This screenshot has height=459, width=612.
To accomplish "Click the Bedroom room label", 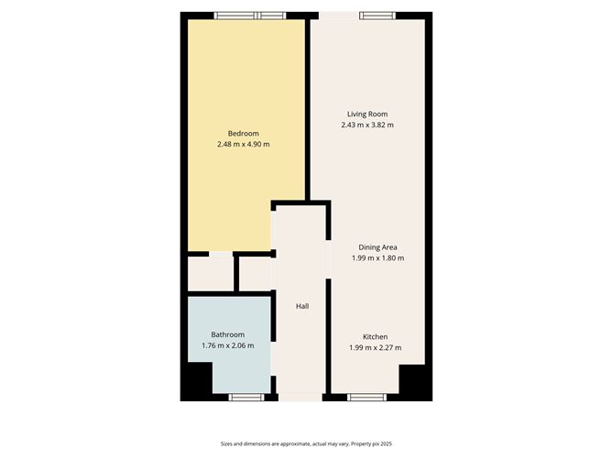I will [x=243, y=134].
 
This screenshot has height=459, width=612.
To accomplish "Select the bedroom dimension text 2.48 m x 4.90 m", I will [x=243, y=145].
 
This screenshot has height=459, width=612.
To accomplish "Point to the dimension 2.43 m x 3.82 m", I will [x=366, y=125].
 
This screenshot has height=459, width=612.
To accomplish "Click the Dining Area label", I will [x=377, y=247].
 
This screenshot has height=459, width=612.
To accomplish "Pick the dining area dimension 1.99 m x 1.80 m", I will [x=377, y=258].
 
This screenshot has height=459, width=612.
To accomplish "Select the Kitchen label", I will [x=377, y=336].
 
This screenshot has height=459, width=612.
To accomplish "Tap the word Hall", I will [x=301, y=306].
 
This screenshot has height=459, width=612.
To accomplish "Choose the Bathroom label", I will [x=227, y=334].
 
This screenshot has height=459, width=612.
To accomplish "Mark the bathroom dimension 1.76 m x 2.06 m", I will [x=227, y=345].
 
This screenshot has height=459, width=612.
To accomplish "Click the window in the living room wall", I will [x=377, y=15].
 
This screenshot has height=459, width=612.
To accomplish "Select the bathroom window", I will [x=246, y=397].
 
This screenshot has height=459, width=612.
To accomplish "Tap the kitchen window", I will [x=370, y=397].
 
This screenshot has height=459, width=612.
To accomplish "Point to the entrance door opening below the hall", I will [x=301, y=397].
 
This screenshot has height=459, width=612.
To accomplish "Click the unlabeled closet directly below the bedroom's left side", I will [x=210, y=272].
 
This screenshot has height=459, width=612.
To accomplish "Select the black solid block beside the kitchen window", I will [x=412, y=380].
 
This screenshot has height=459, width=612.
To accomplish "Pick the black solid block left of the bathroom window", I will [x=196, y=380].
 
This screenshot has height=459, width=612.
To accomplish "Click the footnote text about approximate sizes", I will [x=306, y=443].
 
